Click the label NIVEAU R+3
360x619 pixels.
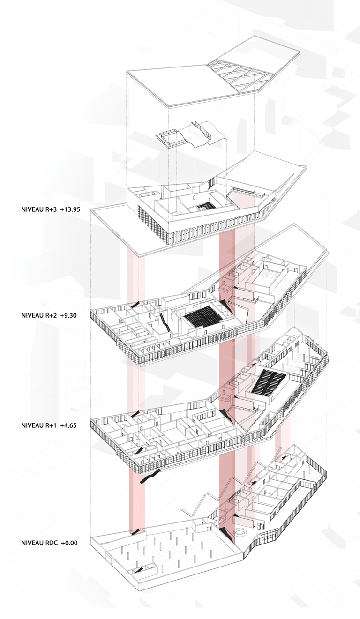[39, 209]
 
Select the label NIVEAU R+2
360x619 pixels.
[39, 315]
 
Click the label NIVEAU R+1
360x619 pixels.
[39, 425]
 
